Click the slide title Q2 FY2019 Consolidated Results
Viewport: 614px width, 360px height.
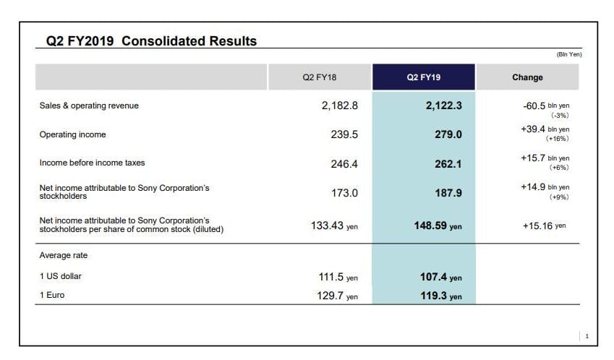[x=151, y=41]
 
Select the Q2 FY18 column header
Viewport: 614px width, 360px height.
[x=320, y=77]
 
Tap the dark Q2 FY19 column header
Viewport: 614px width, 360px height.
[x=423, y=77]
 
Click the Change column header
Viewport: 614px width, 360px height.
[x=527, y=77]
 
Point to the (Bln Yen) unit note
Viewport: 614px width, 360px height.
[x=569, y=55]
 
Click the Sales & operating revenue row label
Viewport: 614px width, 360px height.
[x=89, y=106]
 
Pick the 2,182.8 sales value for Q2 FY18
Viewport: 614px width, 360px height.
[x=340, y=106]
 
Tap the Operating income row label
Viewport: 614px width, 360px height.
[x=72, y=134]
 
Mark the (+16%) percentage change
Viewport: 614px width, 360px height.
[x=558, y=139]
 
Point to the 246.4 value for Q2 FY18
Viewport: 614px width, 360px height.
[x=344, y=164]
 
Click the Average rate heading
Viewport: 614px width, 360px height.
[x=64, y=255]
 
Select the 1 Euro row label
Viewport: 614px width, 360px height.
[x=52, y=296]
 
